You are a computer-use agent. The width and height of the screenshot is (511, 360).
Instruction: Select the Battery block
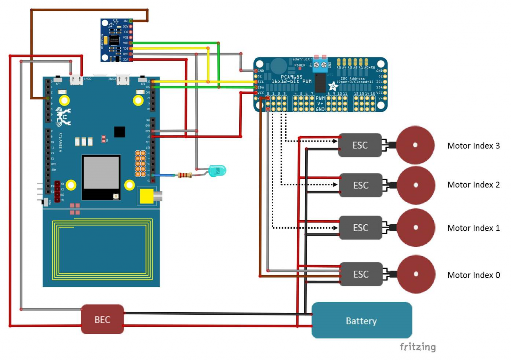point(362,320)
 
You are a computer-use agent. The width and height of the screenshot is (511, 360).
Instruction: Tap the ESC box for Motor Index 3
point(360,145)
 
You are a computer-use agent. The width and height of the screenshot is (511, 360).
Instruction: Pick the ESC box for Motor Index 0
point(360,274)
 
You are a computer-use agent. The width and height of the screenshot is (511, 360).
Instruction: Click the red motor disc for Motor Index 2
point(415,185)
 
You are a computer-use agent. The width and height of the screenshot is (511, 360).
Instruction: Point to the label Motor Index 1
point(473,228)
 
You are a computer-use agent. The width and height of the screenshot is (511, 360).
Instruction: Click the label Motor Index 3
point(473,146)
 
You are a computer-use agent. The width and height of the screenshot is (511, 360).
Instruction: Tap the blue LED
point(217,171)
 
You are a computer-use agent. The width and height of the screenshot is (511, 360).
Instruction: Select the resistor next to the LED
point(184,175)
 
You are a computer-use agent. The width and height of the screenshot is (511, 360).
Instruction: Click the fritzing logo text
point(417,347)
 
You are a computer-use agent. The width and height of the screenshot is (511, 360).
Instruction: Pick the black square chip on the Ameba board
point(119,131)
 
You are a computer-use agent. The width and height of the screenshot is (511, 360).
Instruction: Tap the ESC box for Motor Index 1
point(360,228)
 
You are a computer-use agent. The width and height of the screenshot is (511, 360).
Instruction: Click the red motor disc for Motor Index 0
point(415,274)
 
